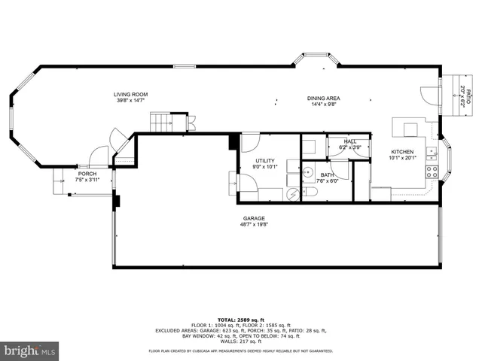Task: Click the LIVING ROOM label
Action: pos(130,95)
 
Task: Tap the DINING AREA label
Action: pos(324,99)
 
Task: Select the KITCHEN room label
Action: pos(402,152)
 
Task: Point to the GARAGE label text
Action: pos(254,218)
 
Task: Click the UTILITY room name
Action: pos(265,160)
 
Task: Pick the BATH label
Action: pos(327,174)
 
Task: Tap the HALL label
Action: pos(350,141)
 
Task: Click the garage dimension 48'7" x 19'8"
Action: pos(254,224)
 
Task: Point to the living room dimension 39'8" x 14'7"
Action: pos(130,101)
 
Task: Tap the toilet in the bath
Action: pos(312,194)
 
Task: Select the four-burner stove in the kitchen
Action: pos(432,171)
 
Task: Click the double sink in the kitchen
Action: pos(432,153)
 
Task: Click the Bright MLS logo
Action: pos(29,350)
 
